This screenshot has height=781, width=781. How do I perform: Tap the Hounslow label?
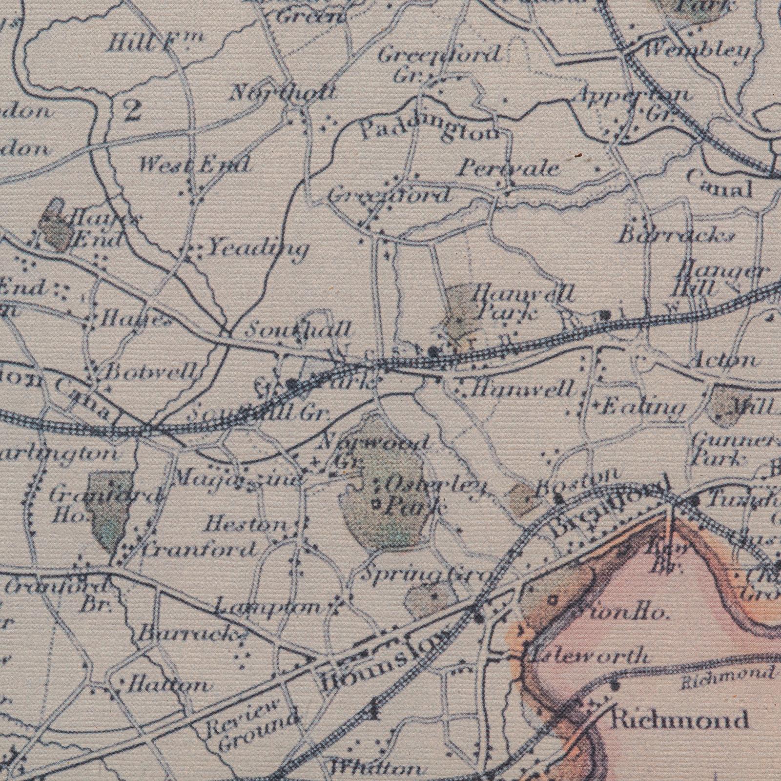(x=383, y=659)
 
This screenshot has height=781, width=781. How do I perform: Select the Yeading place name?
(x=258, y=249)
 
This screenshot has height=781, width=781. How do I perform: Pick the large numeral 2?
(x=132, y=110)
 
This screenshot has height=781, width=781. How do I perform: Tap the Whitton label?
(x=375, y=768)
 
